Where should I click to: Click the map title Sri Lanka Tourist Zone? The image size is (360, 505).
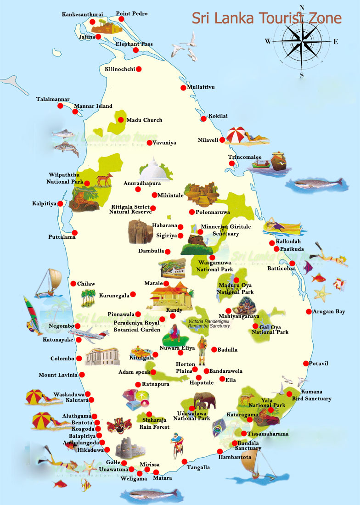tap(266, 18)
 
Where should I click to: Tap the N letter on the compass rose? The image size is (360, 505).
tap(302, 7)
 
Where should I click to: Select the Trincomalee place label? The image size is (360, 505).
tap(245, 157)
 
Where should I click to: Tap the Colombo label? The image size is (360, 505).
tap(62, 359)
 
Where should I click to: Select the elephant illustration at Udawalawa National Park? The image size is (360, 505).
tap(204, 400)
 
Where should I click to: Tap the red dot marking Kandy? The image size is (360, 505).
tap(162, 319)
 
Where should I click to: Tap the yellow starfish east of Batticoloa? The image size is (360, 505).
tap(322, 292)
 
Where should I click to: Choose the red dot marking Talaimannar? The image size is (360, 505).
tap(60, 106)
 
